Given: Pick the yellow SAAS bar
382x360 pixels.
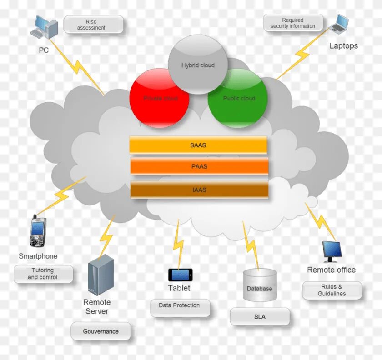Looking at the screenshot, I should tap(198, 145).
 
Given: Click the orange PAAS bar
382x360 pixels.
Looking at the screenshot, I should tap(199, 166).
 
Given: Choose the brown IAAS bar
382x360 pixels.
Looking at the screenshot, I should tap(199, 190).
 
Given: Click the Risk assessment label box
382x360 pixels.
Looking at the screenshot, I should tap(93, 25).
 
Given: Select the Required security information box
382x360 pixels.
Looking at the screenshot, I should tap(293, 23).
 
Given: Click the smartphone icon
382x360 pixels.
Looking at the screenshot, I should tap(38, 232).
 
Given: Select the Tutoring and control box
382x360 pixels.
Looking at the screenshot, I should tap(43, 274).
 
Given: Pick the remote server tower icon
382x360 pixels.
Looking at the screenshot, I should tap(101, 275).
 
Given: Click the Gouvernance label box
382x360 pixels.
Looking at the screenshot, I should tap(101, 331).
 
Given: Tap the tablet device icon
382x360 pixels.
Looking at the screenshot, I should tap(180, 275).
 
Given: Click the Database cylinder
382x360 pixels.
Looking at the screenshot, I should tap(260, 285).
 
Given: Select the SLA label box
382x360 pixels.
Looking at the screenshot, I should tap(260, 317).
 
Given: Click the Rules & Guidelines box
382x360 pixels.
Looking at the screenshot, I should tap(332, 290).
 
